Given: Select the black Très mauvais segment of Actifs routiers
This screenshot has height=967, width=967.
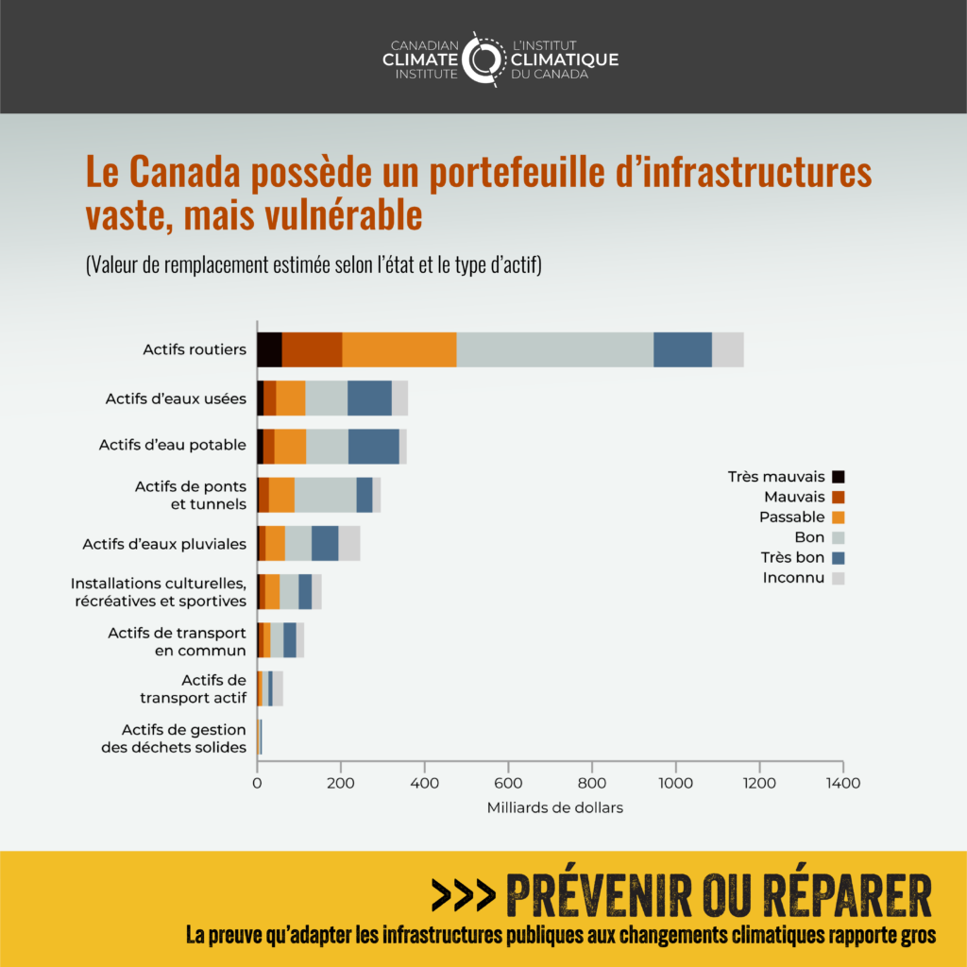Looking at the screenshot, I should coord(269,349).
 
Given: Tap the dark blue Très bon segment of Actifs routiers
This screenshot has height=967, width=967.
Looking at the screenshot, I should coord(682,349).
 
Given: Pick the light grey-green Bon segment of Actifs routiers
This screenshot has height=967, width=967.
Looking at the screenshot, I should coord(554,349).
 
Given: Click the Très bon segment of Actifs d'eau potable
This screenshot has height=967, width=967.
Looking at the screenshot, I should coord(373,445).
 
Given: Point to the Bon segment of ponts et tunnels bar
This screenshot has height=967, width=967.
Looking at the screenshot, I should coord(325,495).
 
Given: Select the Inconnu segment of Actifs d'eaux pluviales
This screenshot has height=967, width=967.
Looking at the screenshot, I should coord(349,543).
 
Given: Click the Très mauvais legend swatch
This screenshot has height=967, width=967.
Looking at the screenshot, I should coord(838,477).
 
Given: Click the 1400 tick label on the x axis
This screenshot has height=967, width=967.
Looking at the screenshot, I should coord(842,782).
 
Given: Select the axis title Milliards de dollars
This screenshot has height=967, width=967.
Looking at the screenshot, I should coord(555,807).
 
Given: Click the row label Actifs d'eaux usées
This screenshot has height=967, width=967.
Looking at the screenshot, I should coord(176,399).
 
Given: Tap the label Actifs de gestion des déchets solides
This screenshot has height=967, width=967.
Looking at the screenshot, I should coord(174,738).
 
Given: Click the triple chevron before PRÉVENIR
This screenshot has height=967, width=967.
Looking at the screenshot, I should coord(463,893).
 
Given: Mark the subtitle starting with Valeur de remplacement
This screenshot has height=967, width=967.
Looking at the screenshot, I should coord(313,265).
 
